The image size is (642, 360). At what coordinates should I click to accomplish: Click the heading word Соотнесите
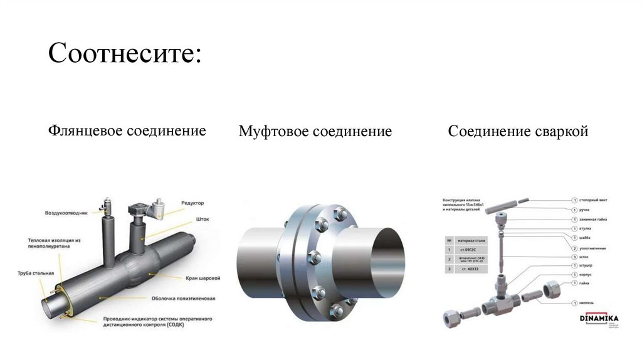coord(125,53)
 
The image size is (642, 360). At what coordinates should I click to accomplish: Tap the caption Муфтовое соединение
coord(315,132)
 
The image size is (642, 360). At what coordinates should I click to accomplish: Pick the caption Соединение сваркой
coord(518,132)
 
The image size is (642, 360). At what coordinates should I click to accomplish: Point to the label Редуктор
coord(192,203)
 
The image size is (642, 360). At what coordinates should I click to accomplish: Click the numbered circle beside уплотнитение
coord(574,248)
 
